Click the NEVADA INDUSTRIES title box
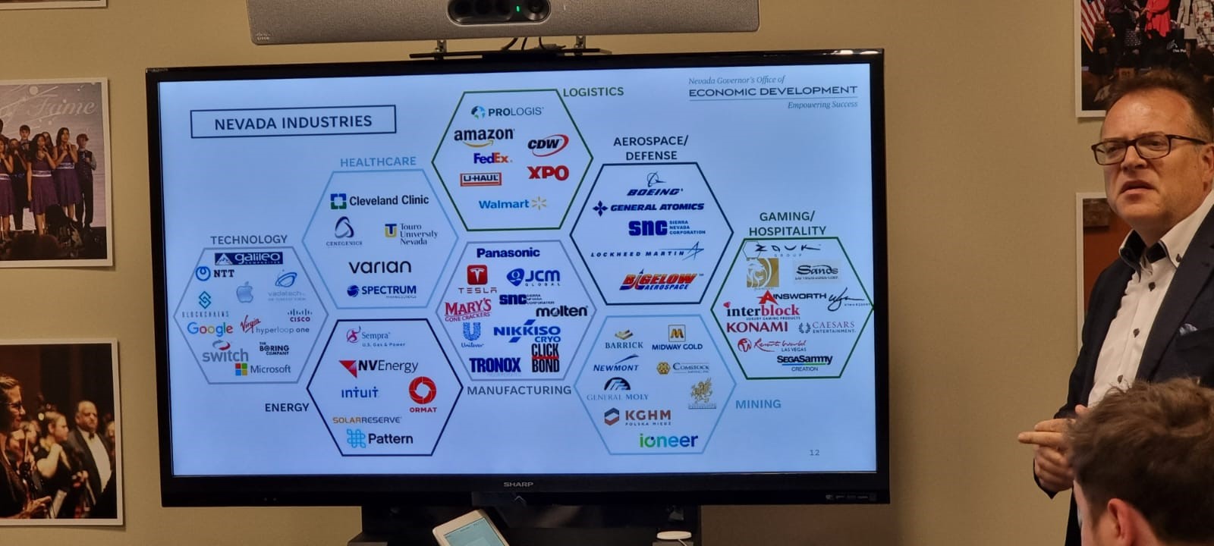click(x=293, y=122)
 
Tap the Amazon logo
click(x=483, y=136)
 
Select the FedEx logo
click(x=492, y=158)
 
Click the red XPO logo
click(x=548, y=173)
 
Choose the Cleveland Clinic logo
click(x=380, y=201)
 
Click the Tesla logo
click(x=477, y=279)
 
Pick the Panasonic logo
click(x=508, y=253)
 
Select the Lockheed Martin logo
click(x=646, y=253)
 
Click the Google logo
click(x=209, y=328)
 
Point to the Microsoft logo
click(x=263, y=369)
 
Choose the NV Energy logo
click(x=379, y=367)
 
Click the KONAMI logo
click(x=756, y=327)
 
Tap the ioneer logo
click(x=668, y=441)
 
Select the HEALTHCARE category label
click(x=378, y=162)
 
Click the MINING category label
click(x=757, y=404)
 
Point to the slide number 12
click(x=814, y=453)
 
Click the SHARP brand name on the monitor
click(x=518, y=484)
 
